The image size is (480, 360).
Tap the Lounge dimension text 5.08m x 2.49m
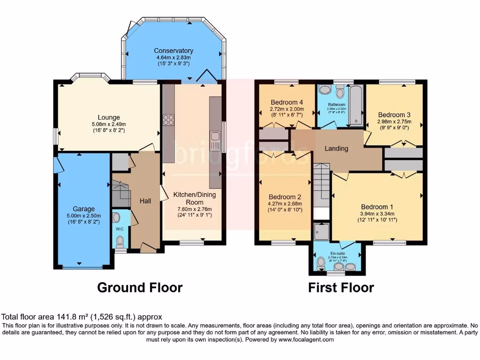click(x=109, y=125)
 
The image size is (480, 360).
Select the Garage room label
click(x=83, y=209)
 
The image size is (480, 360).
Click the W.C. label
click(x=120, y=229)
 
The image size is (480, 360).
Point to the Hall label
click(x=145, y=201)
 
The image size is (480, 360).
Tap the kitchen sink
click(x=216, y=139)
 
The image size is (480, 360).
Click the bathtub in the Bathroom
click(x=357, y=105)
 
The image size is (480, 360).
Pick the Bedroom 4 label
click(x=287, y=102)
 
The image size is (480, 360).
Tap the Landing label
click(x=337, y=149)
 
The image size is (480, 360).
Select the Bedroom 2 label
click(x=285, y=197)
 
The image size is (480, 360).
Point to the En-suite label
click(x=334, y=253)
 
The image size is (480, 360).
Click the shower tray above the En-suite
click(x=322, y=231)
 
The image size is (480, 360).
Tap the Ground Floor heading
click(x=140, y=287)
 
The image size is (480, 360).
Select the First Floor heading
click(x=341, y=287)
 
